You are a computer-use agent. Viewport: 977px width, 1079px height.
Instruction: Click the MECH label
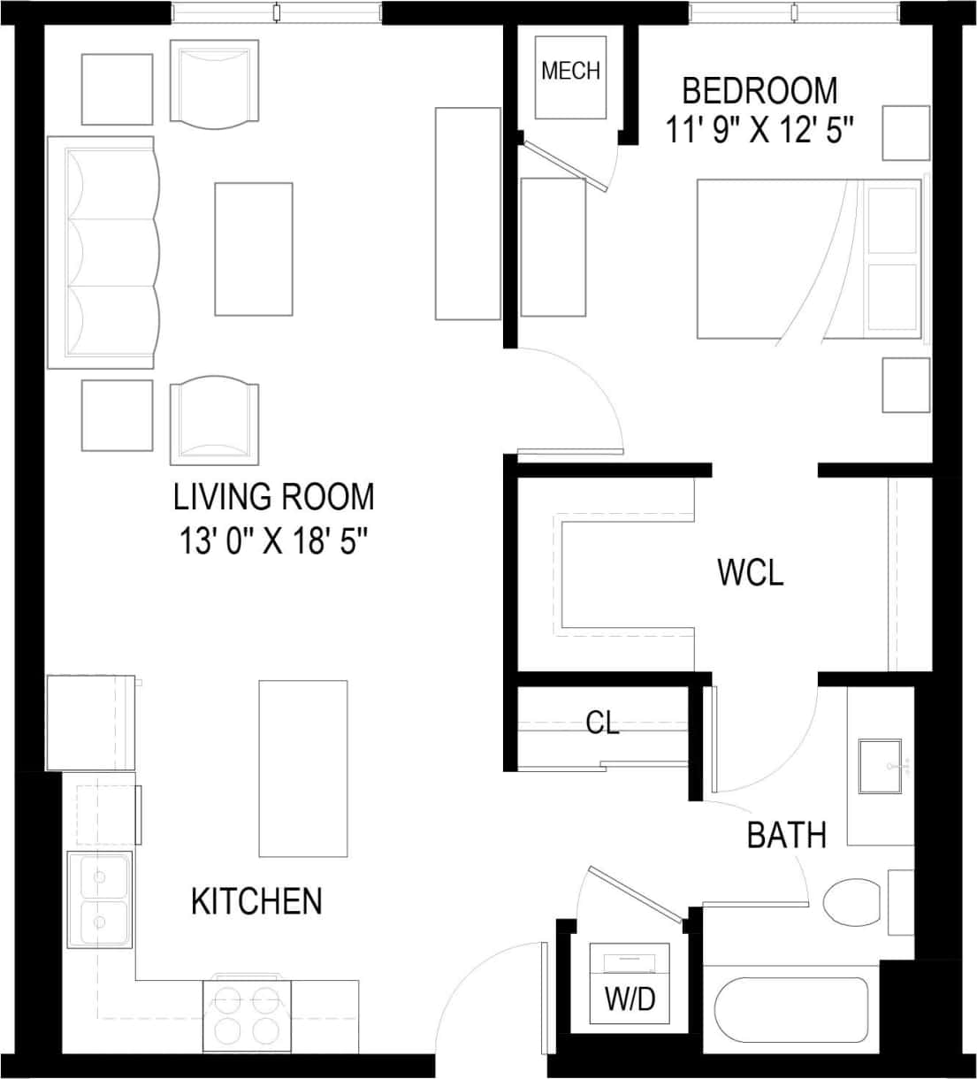pos(570,71)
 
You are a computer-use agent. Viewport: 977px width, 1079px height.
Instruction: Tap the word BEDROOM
pos(759,90)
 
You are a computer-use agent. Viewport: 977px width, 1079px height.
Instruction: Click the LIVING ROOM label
pos(273,497)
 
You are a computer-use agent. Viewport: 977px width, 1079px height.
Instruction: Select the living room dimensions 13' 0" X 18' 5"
pos(273,541)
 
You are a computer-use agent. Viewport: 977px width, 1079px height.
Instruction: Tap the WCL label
pos(750,573)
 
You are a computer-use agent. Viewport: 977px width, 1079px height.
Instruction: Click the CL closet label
pos(602,723)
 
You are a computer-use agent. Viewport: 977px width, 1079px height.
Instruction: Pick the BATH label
pos(786,834)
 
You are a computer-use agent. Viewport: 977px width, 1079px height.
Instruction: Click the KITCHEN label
pos(256,901)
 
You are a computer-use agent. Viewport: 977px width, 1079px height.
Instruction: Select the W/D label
pos(630,999)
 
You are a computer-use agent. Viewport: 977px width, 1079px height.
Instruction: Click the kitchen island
pos(302,768)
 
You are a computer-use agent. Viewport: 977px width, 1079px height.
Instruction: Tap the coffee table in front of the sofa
pos(254,249)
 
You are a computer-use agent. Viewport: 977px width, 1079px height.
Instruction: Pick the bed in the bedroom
pos(808,259)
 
